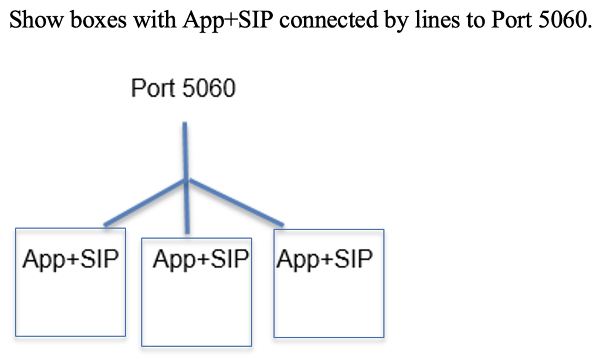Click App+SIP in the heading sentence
tap(227, 20)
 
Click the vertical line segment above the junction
tap(185, 149)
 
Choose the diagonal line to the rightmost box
tap(236, 203)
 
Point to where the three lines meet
tap(186, 180)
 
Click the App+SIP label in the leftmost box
tap(71, 259)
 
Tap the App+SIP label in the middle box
tap(201, 259)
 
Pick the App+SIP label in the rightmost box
tap(324, 259)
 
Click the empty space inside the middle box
tap(196, 310)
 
